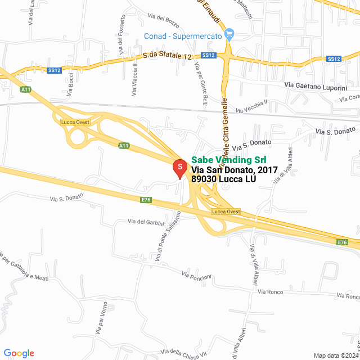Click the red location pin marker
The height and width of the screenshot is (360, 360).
[179, 168]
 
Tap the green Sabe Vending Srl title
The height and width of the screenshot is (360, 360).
[229, 159]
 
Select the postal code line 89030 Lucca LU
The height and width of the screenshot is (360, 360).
[223, 179]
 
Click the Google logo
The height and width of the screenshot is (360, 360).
[19, 353]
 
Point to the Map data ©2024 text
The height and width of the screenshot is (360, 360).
[335, 355]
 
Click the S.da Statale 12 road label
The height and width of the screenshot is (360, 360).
[167, 56]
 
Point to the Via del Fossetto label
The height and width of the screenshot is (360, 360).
[122, 34]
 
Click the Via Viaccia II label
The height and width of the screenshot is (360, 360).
[134, 80]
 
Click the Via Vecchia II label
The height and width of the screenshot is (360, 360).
[251, 105]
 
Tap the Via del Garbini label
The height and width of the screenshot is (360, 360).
[146, 222]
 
